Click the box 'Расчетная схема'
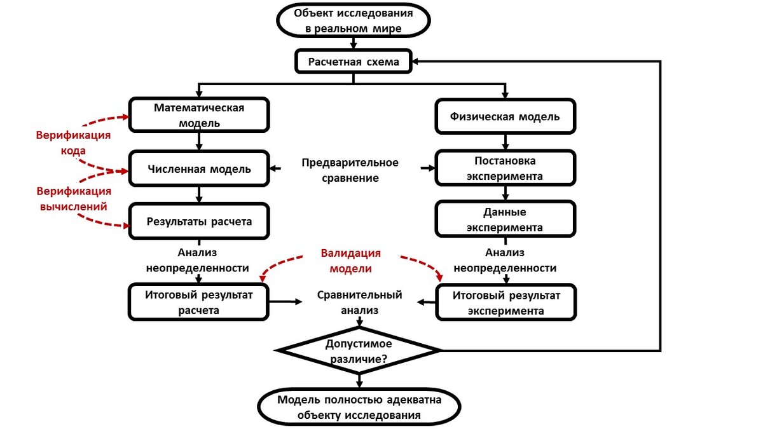pyautogui.click(x=354, y=62)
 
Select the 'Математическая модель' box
pyautogui.click(x=200, y=115)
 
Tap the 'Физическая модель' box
pyautogui.click(x=505, y=116)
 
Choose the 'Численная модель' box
pyautogui.click(x=200, y=169)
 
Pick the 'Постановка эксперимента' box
pyautogui.click(x=505, y=168)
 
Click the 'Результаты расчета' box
pyautogui.click(x=200, y=222)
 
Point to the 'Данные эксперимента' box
pyautogui.click(x=505, y=220)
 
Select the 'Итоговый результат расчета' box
pyautogui.click(x=200, y=303)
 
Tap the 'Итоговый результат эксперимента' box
pyautogui.click(x=505, y=303)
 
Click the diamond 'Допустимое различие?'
pyautogui.click(x=359, y=351)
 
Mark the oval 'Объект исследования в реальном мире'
pyautogui.click(x=354, y=20)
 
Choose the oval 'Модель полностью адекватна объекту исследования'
pyautogui.click(x=359, y=408)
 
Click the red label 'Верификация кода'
pyautogui.click(x=73, y=143)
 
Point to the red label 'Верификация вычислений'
pyautogui.click(x=73, y=198)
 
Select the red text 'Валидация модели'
pyautogui.click(x=350, y=261)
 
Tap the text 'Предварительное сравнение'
pyautogui.click(x=350, y=170)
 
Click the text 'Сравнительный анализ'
pyautogui.click(x=359, y=303)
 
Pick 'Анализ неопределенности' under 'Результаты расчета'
pyautogui.click(x=197, y=261)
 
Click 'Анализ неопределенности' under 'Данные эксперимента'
pyautogui.click(x=505, y=261)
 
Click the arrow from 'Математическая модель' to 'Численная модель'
pyautogui.click(x=200, y=141)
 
